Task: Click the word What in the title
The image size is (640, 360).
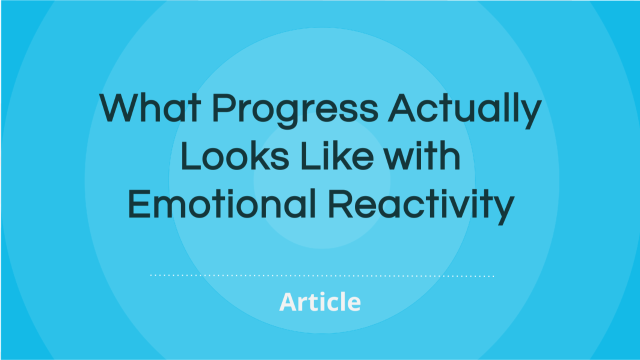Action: (x=150, y=107)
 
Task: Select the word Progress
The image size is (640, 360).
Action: (x=295, y=111)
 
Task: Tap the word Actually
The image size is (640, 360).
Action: (x=464, y=110)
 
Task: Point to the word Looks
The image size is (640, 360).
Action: (x=235, y=155)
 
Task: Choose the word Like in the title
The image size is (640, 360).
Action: (x=337, y=155)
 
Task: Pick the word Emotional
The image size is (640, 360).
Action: (x=222, y=203)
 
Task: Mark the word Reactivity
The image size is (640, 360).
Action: (x=421, y=206)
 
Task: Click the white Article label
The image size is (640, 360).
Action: (x=320, y=301)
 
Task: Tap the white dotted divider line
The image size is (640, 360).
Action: (x=322, y=275)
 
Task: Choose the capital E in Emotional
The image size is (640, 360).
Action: (x=139, y=203)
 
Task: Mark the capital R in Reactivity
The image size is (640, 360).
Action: (x=341, y=203)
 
